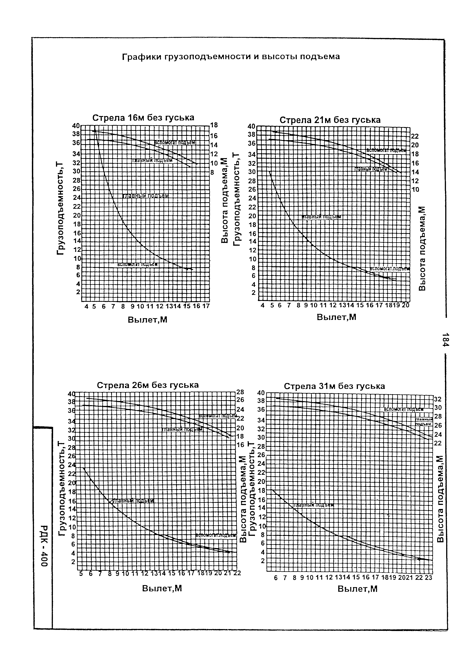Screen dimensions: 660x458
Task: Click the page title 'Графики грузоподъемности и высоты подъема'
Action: pyautogui.click(x=231, y=57)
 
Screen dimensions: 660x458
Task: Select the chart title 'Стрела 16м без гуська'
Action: pyautogui.click(x=143, y=118)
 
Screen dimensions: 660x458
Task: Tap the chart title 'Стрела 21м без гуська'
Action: pyautogui.click(x=330, y=120)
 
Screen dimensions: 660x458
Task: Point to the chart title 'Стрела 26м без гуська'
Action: pyautogui.click(x=148, y=385)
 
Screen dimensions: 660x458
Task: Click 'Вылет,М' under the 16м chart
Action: pyautogui.click(x=147, y=320)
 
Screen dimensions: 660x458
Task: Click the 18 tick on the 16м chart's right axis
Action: pyautogui.click(x=214, y=125)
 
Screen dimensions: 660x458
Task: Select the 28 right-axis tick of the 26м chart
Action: pyautogui.click(x=240, y=392)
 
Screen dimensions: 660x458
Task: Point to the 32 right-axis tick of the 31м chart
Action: pyautogui.click(x=438, y=399)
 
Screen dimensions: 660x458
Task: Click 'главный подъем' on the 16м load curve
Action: pyautogui.click(x=146, y=196)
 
